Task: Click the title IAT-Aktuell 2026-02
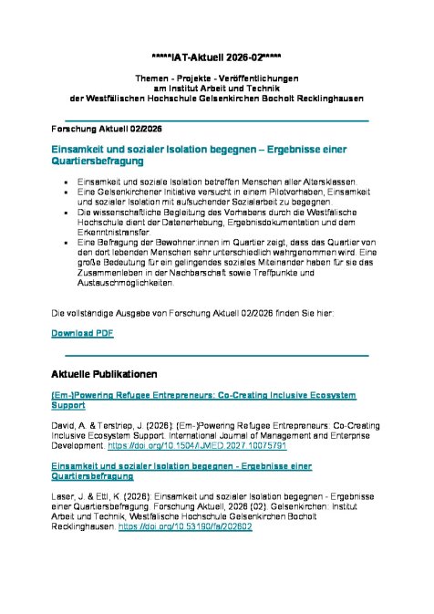click(216, 57)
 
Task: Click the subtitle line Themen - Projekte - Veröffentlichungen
click(216, 78)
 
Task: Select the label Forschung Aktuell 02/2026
click(88, 130)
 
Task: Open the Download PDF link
click(82, 334)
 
